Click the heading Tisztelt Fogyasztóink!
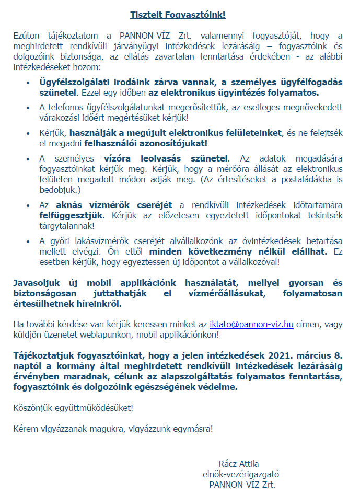[178, 15]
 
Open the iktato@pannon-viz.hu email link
[251, 324]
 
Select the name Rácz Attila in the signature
[239, 464]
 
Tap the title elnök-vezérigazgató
[241, 474]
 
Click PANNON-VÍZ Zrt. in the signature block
[241, 485]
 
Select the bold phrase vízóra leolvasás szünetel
[166, 158]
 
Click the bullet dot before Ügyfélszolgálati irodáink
[28, 83]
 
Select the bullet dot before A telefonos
[28, 107]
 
